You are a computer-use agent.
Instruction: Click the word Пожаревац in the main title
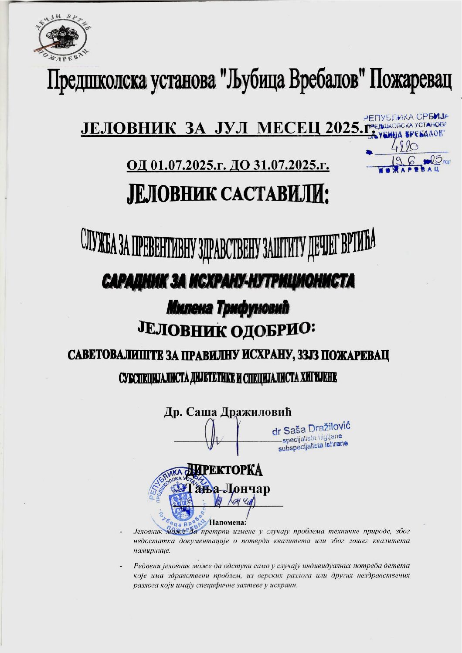coord(411,82)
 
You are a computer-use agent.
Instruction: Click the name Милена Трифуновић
coord(228,308)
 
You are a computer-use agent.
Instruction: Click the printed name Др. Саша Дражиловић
coord(228,412)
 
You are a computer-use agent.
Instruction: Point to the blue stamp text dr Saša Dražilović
coord(311,429)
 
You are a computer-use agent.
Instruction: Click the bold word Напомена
coord(228,522)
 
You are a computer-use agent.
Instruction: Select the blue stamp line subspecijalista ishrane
coord(313,446)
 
